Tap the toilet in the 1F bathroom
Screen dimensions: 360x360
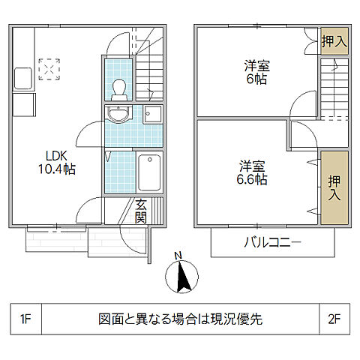118,89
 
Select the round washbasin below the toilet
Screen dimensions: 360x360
118,114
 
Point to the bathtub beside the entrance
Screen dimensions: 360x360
148,173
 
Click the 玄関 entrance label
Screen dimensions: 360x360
141,211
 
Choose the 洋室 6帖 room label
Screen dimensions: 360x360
256,73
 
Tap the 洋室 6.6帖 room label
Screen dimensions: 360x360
253,172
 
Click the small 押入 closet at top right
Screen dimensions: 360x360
334,41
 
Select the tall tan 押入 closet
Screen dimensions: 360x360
334,187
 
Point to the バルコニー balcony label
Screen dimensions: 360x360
271,242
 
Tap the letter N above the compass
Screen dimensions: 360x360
178,256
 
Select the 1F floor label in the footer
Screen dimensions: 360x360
25,319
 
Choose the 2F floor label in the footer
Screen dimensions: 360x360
334,319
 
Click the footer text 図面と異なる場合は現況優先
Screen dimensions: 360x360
180,319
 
